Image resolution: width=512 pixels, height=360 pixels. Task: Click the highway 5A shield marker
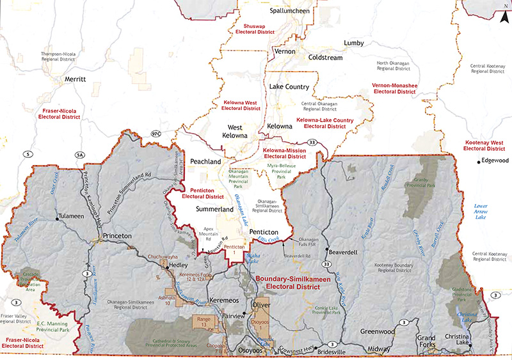(80, 154)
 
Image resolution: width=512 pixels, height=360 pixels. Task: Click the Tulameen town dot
(58, 218)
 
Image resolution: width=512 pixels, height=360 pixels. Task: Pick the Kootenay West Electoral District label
(484, 144)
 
